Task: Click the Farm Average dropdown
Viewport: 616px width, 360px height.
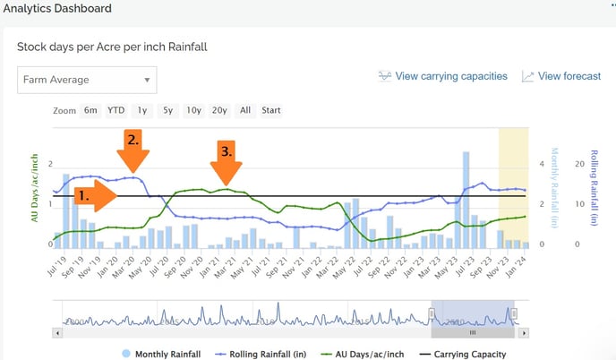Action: coord(87,80)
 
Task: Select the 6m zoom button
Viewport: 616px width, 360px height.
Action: coord(90,111)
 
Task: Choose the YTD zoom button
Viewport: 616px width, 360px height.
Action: coord(116,111)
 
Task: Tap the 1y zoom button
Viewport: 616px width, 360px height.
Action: coord(141,111)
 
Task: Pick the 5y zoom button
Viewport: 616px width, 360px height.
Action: coord(167,111)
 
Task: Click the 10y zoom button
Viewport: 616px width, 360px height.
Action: coord(193,111)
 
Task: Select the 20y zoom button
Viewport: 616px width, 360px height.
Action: coord(219,111)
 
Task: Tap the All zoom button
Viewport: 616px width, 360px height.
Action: coord(245,111)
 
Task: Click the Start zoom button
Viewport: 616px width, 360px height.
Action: coord(271,111)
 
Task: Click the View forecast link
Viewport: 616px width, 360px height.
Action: coord(561,76)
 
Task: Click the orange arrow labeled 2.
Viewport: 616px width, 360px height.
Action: coord(133,153)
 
